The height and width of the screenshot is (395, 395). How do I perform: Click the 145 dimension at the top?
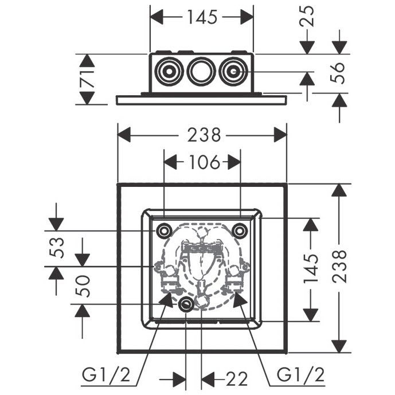pyautogui.click(x=201, y=18)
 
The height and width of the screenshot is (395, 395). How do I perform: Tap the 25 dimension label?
pyautogui.click(x=310, y=17)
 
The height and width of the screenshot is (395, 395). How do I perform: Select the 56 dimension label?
pyautogui.click(x=340, y=73)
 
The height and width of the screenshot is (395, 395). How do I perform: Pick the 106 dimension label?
pyautogui.click(x=202, y=163)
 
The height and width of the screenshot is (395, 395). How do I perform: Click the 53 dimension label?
pyautogui.click(x=56, y=248)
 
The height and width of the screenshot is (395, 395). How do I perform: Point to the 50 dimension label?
pyautogui.click(x=83, y=286)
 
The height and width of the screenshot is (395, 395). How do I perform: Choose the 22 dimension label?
pyautogui.click(x=237, y=379)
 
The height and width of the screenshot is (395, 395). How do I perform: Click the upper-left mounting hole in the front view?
pyautogui.click(x=164, y=230)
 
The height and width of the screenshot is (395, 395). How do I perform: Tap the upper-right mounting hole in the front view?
pyautogui.click(x=240, y=230)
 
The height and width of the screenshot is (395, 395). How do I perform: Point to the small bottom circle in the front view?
pyautogui.click(x=186, y=305)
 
